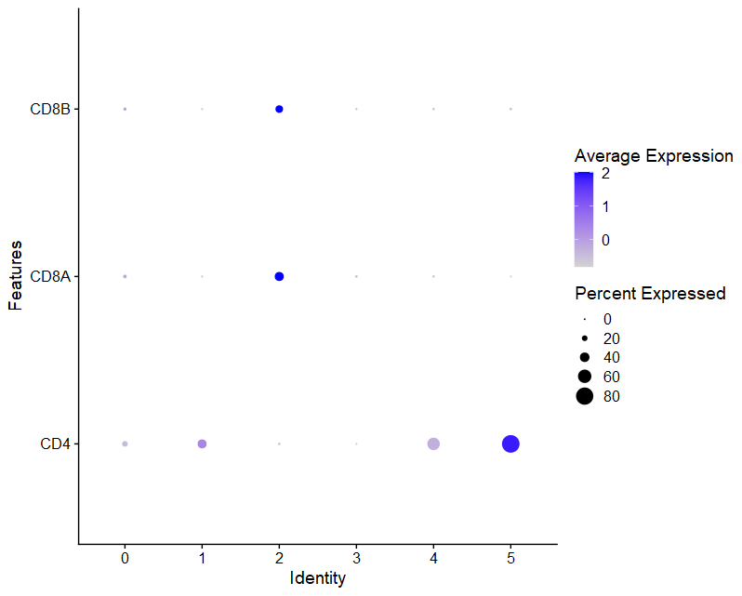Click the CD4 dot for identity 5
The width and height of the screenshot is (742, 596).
(510, 444)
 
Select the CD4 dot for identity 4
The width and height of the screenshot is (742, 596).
(433, 444)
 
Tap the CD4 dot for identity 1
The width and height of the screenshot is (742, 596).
(202, 444)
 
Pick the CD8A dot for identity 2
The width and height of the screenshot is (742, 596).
(279, 276)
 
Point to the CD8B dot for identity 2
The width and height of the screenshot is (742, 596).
(279, 110)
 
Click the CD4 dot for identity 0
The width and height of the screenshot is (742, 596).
(125, 444)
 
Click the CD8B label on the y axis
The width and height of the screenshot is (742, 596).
(49, 110)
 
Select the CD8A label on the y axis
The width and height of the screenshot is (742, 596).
(49, 276)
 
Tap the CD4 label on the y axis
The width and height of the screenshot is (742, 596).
(55, 444)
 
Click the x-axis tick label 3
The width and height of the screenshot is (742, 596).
(356, 558)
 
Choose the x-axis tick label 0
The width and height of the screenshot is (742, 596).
(125, 558)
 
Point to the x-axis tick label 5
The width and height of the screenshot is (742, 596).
(510, 558)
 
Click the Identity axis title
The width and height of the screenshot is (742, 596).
(317, 578)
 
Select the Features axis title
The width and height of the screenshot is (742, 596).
(16, 276)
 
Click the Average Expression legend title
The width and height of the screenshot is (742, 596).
(654, 155)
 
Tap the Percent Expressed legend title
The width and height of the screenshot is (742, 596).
(650, 294)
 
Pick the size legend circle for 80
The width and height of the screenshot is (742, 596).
(584, 397)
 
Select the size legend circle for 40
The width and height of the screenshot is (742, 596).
(584, 357)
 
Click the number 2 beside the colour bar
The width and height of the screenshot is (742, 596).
(605, 174)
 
